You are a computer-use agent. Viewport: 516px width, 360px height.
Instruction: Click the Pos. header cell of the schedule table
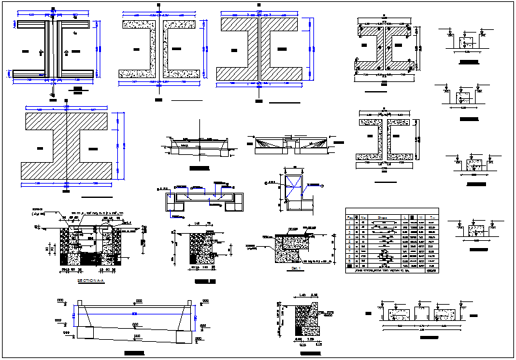[350, 217]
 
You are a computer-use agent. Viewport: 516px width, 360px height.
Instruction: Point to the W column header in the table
[420, 217]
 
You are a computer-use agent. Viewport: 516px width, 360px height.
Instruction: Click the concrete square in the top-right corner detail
[466, 42]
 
